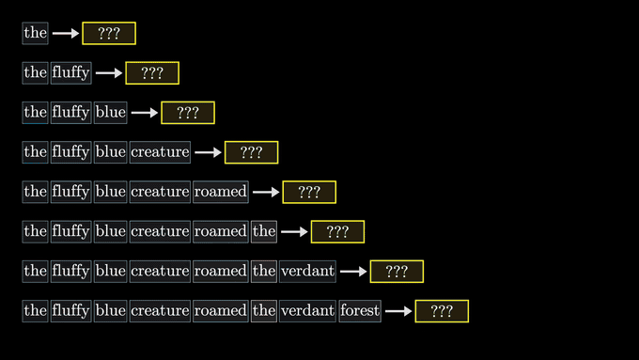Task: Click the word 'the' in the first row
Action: coord(35,33)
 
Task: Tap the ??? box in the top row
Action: coord(109,33)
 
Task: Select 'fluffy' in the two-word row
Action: coord(70,73)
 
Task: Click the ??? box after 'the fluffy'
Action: coord(152,73)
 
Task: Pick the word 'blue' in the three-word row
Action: coord(111,113)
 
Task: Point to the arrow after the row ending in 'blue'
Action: coord(145,113)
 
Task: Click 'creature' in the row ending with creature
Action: coord(160,152)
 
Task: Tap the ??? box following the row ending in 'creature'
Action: coord(252,152)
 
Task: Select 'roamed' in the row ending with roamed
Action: coord(221,192)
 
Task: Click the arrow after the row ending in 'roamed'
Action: coord(266,192)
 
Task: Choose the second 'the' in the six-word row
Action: coord(264,231)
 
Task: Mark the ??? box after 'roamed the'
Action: coord(337,231)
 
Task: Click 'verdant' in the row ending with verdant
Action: coord(307,271)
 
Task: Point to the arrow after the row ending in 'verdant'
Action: coord(353,271)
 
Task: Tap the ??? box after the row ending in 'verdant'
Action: coord(397,271)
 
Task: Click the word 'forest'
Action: coord(360,311)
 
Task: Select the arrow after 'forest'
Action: coord(398,311)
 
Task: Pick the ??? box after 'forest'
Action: coord(442,311)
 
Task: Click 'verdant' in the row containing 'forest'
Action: coord(307,311)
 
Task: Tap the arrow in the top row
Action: coord(66,33)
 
